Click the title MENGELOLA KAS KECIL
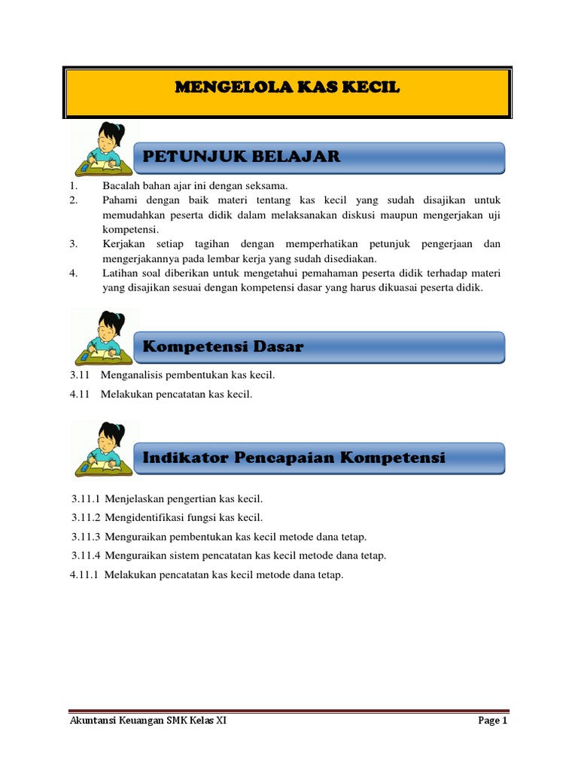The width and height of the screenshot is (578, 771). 287,88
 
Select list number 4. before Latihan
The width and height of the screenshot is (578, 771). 74,273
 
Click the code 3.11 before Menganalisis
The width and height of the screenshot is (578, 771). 79,374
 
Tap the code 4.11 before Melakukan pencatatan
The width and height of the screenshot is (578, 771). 79,393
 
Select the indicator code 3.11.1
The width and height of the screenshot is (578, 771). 86,498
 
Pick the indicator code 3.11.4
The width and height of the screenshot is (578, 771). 86,556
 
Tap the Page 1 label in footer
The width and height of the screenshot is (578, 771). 493,721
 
